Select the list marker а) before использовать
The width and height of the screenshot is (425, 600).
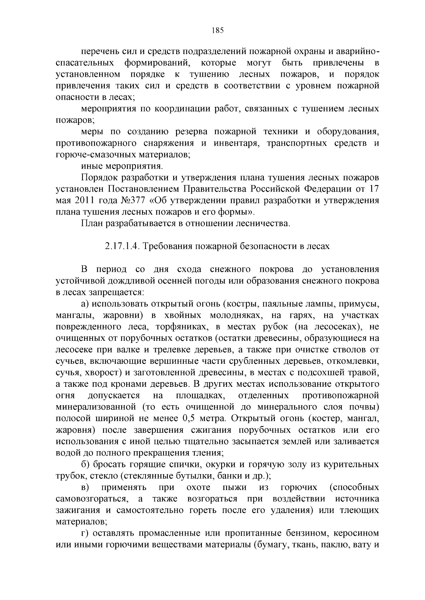[85, 304]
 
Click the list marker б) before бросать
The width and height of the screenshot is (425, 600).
[85, 464]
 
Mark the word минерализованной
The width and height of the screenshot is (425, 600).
[96, 407]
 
